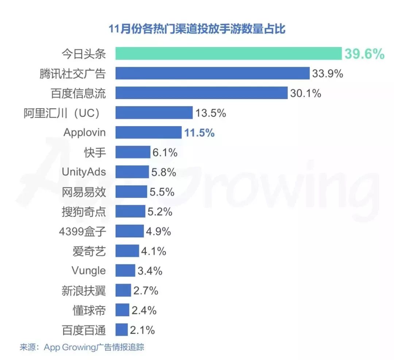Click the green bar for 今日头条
coord(228,54)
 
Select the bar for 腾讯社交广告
coord(212,73)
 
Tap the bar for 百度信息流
coord(201,93)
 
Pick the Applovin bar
coord(148,132)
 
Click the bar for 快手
coord(133,152)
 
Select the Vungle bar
coord(125,271)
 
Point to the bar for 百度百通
coord(121,330)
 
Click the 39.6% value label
coord(364,54)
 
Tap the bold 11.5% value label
coord(199,133)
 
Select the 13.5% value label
coord(210,113)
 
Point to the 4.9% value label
coord(158,231)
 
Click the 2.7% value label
coord(146,290)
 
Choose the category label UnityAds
coord(84,172)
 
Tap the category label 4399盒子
coord(82,231)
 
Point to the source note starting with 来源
coord(82,347)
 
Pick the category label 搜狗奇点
coord(84,212)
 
